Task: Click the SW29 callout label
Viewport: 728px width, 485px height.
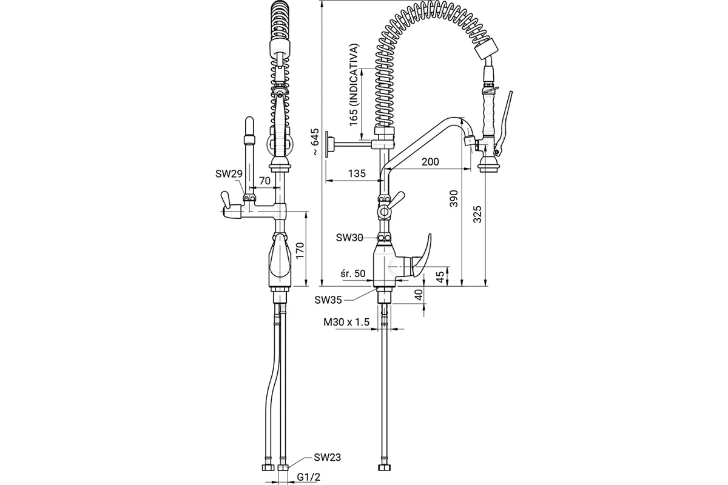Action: pos(229,174)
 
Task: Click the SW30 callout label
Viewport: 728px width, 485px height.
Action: pos(349,238)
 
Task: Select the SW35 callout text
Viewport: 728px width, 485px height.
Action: pos(328,300)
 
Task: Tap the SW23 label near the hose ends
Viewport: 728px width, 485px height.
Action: pos(327,457)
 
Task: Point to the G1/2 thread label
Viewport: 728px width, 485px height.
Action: pos(308,477)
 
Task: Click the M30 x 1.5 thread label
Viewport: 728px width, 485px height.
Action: pos(346,322)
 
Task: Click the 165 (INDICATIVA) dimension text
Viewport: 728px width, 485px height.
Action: pos(354,84)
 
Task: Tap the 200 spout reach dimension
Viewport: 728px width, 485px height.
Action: pos(430,161)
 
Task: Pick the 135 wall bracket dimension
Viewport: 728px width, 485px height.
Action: pos(357,173)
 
